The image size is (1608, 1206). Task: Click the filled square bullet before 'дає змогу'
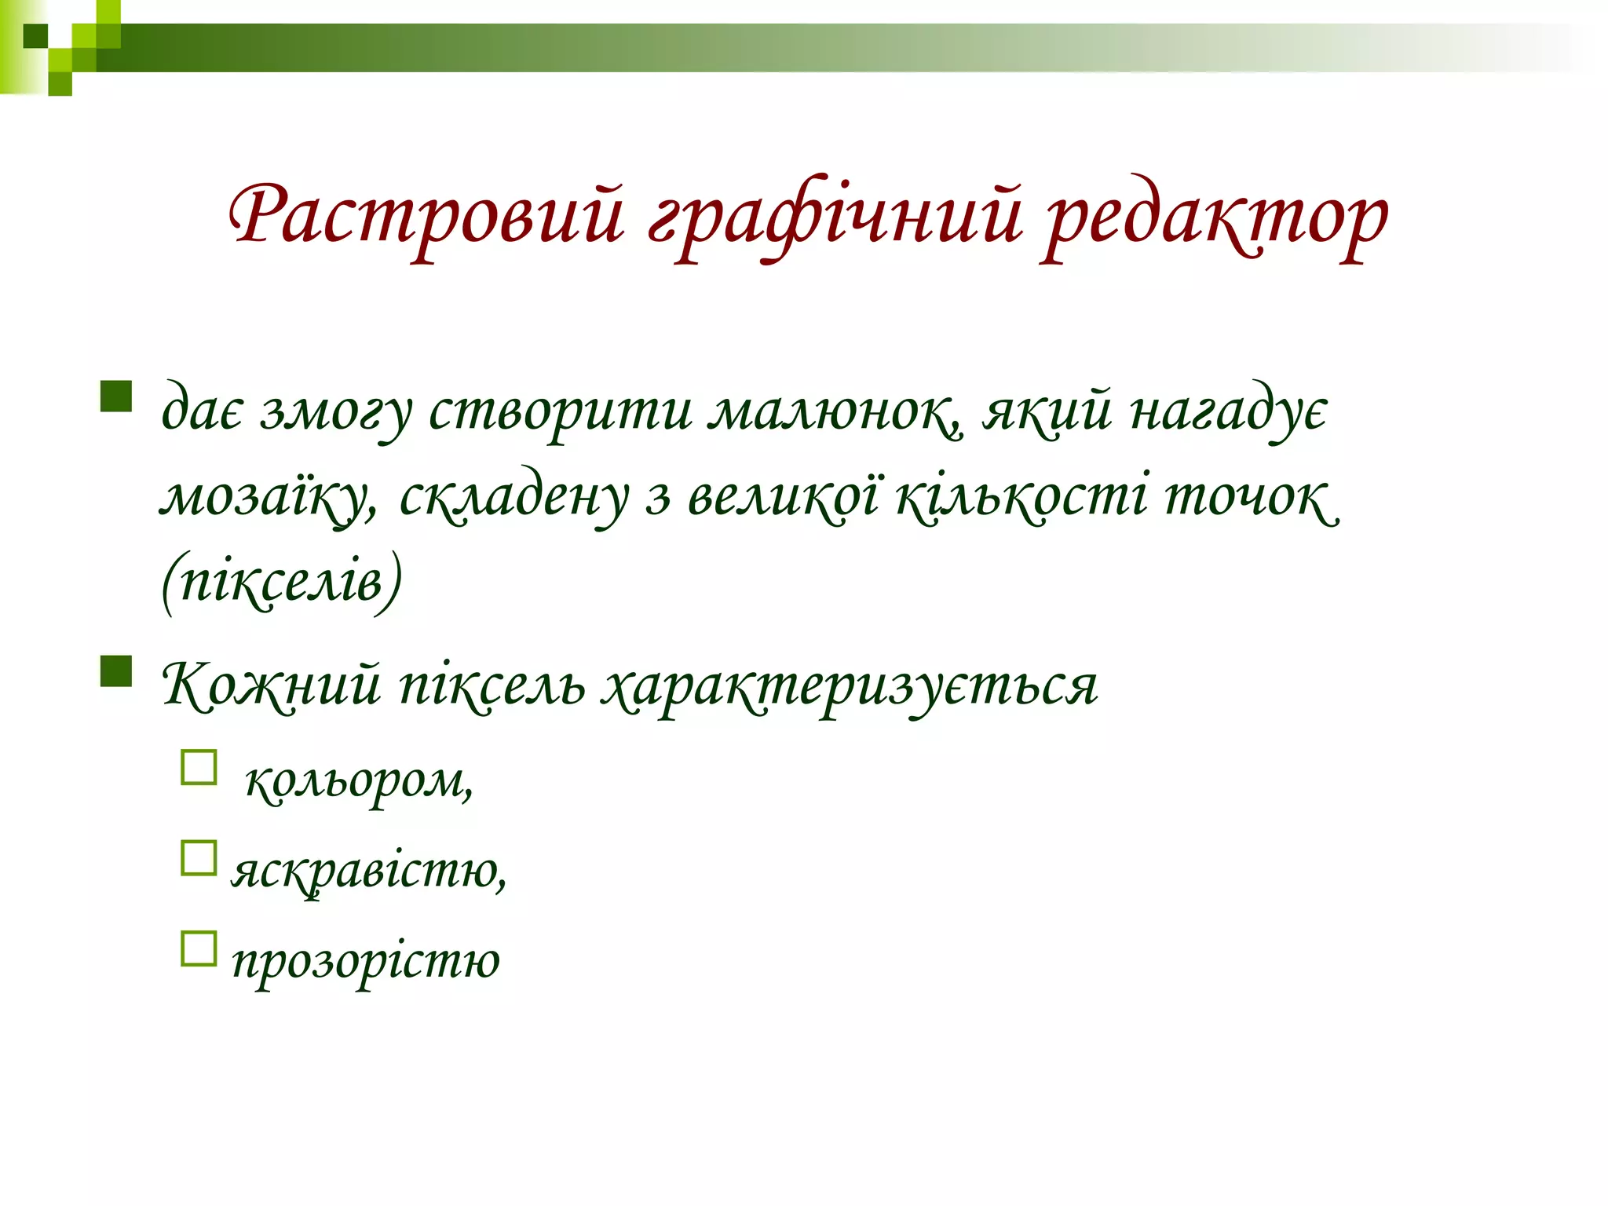[x=115, y=396]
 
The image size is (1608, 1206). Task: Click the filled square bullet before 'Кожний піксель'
[x=115, y=671]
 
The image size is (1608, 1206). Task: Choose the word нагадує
[x=1229, y=413]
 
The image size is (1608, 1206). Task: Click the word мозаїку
[x=268, y=499]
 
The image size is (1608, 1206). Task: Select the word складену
[x=514, y=499]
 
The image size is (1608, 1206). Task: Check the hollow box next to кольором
[x=199, y=768]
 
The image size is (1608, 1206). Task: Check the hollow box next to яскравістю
[x=199, y=858]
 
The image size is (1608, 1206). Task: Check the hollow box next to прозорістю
[x=199, y=948]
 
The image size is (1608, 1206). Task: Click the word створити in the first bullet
[x=560, y=411]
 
